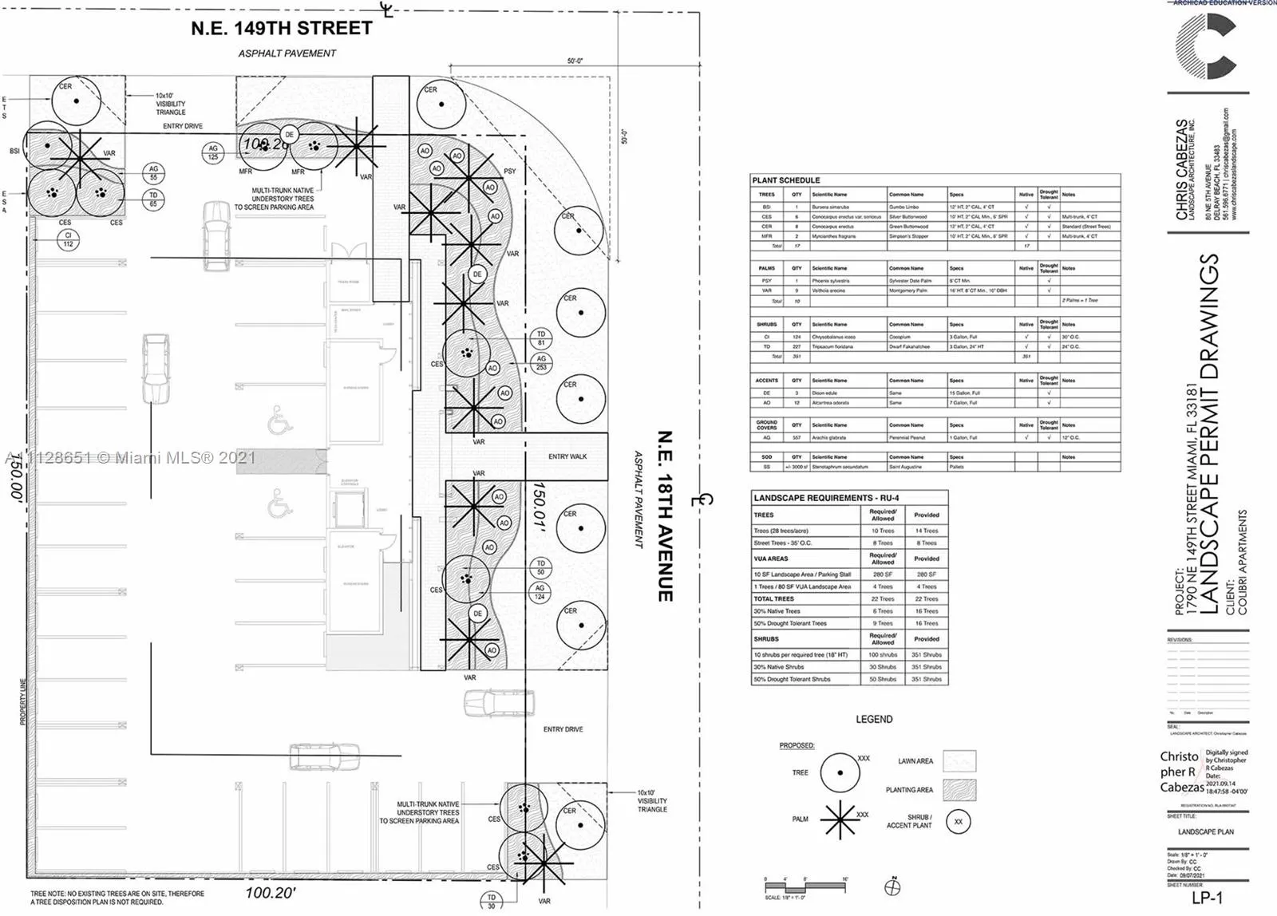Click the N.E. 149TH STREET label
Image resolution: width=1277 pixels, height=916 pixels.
tap(281, 29)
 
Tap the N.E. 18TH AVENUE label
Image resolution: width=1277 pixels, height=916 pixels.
tap(665, 516)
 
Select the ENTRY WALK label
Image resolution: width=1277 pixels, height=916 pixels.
tap(567, 456)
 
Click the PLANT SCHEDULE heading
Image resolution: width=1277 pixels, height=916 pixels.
tap(786, 180)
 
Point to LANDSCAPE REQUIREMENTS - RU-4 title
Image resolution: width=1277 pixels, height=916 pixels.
tap(826, 498)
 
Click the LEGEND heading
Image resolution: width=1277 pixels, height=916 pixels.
tap(874, 719)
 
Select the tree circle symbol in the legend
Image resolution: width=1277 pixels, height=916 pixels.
tap(840, 772)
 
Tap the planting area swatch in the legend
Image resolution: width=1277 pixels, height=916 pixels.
tap(959, 790)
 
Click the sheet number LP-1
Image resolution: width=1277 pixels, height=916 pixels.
tap(1207, 898)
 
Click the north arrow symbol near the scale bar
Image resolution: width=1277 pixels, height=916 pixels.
tap(893, 886)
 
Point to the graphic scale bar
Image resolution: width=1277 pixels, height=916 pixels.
tap(806, 886)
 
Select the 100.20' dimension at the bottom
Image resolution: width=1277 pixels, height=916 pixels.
tap(270, 893)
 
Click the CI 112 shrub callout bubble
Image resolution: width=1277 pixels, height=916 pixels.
tap(68, 239)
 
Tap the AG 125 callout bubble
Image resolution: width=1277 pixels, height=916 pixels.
tap(213, 152)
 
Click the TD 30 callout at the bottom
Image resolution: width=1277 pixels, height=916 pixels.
tap(491, 901)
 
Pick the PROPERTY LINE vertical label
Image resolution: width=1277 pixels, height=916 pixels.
tap(23, 702)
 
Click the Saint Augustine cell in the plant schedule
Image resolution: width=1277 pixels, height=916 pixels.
tap(905, 467)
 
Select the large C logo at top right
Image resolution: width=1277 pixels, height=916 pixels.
tap(1207, 45)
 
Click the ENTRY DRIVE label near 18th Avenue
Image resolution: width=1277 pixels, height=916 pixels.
tap(563, 729)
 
